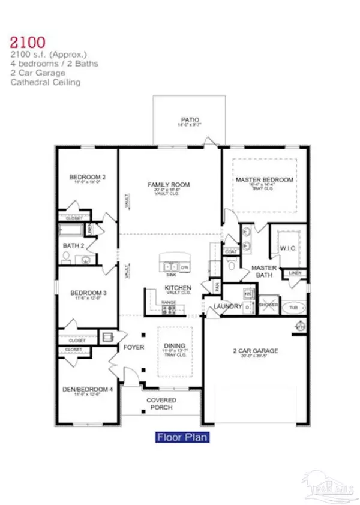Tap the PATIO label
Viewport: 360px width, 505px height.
(x=190, y=119)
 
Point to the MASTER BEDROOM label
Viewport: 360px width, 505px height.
(x=264, y=179)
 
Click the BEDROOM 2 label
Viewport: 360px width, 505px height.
(x=88, y=177)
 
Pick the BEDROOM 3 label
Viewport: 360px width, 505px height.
(x=88, y=293)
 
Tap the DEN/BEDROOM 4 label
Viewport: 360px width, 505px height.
(x=88, y=389)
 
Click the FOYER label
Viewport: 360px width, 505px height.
(x=132, y=347)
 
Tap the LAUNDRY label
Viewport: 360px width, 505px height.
(x=227, y=307)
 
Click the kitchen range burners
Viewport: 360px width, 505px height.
(x=169, y=309)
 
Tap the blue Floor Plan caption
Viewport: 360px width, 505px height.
(x=182, y=437)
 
